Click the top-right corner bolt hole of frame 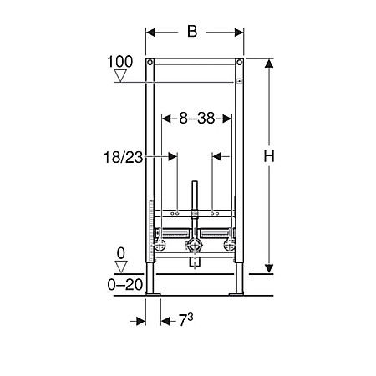tap(240, 64)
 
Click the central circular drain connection tap(195, 246)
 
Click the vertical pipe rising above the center tap(195, 201)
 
